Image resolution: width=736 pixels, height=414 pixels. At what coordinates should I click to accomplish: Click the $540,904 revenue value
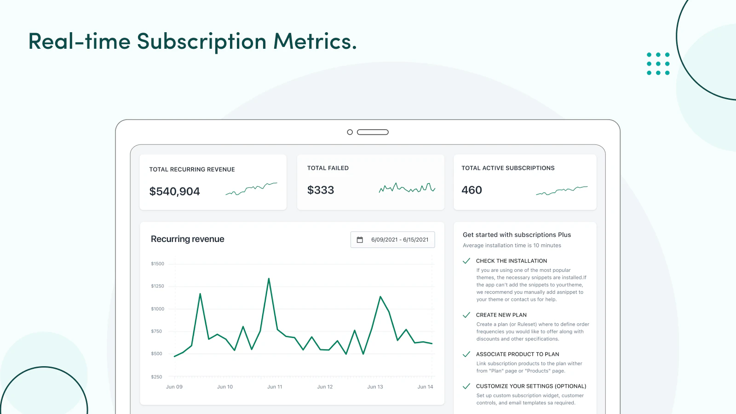(174, 191)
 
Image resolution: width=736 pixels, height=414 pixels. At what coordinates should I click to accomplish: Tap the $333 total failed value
(321, 190)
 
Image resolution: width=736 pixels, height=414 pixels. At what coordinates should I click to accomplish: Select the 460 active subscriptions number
(471, 190)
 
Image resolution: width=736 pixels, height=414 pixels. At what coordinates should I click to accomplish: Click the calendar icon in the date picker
(360, 240)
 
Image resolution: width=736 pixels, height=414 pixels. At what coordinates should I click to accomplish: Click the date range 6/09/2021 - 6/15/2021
(400, 240)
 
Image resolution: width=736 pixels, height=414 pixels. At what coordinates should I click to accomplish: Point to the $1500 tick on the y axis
(157, 264)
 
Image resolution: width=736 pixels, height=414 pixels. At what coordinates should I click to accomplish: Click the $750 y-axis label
(156, 331)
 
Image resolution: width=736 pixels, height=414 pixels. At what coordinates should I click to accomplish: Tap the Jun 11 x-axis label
(275, 387)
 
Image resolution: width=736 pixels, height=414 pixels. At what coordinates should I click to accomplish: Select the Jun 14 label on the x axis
(425, 387)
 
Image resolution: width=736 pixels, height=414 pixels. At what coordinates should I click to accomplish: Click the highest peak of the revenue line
(269, 279)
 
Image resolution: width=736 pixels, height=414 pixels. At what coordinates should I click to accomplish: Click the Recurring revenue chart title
(187, 239)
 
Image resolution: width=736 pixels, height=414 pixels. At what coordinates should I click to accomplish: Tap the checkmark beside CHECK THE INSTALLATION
(466, 261)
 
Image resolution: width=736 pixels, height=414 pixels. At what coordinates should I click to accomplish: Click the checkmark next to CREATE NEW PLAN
(466, 315)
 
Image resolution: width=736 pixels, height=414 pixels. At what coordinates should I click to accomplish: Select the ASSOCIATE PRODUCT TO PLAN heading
(517, 354)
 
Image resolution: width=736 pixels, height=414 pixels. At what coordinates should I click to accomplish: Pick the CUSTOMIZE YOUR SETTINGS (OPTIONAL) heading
(531, 386)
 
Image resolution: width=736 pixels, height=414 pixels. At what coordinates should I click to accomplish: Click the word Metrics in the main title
(315, 41)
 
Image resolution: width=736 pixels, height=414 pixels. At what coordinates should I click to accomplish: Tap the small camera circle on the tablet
(350, 132)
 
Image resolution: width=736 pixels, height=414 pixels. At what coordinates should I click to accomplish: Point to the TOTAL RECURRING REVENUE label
(192, 170)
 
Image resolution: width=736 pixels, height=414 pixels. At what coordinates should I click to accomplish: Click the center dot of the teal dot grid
(658, 64)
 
